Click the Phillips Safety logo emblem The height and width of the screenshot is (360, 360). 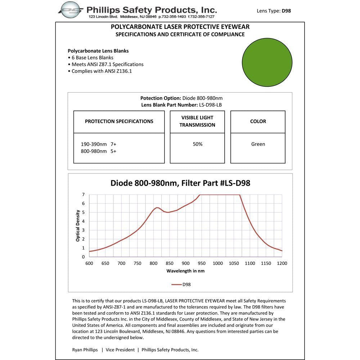[71, 10]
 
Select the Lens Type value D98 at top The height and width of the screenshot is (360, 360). [286, 11]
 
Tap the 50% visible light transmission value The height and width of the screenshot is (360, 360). [197, 144]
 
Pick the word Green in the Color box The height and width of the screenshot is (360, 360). [258, 144]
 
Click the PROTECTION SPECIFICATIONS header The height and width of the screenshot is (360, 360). [119, 121]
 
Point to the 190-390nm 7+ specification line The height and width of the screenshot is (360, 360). [99, 144]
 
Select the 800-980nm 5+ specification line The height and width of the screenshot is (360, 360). [99, 151]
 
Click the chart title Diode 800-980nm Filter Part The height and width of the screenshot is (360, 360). [180, 183]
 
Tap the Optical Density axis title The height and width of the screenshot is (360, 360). [78, 225]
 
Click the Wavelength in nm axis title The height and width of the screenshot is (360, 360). [185, 271]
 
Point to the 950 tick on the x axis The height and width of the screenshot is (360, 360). [202, 263]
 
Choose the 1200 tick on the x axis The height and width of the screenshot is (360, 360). [282, 263]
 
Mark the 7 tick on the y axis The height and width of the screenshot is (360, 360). [83, 194]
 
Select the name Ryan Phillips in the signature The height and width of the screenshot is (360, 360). [85, 350]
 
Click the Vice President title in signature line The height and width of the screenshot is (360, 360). [120, 350]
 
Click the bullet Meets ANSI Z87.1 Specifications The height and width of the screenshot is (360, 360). [107, 64]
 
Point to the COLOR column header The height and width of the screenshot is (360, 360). [258, 121]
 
